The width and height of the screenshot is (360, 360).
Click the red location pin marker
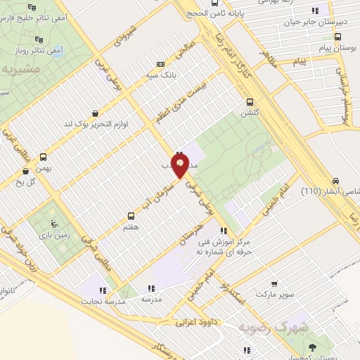[181, 167]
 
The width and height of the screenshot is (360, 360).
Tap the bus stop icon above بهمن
[44, 157]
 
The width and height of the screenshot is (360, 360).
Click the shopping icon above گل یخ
[26, 169]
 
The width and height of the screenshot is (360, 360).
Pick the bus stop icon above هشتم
[130, 216]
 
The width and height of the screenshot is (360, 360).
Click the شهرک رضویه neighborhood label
[303, 326]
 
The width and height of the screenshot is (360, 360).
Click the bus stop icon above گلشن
[250, 101]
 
